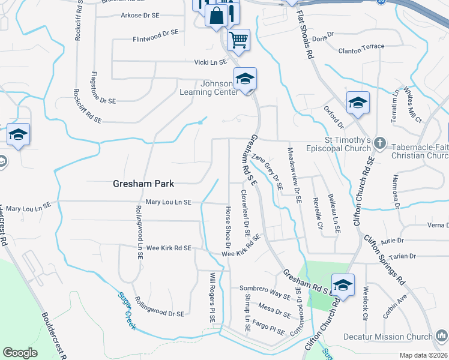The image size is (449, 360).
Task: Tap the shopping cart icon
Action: [x=239, y=40]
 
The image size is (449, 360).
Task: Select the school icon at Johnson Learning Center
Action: [x=245, y=79]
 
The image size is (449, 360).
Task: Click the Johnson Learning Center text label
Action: [x=208, y=88]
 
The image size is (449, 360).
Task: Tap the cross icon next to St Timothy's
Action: [x=379, y=143]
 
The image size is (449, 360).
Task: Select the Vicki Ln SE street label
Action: [x=210, y=62]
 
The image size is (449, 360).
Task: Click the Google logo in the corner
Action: [x=20, y=352]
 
